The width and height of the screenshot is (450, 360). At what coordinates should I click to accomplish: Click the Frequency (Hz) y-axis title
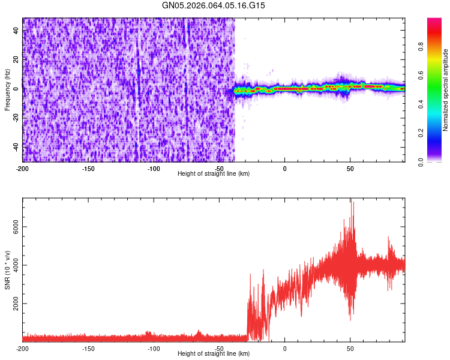click(7, 90)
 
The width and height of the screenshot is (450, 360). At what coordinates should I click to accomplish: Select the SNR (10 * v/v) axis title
click(7, 270)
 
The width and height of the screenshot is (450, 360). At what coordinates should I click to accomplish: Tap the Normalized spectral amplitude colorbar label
click(445, 90)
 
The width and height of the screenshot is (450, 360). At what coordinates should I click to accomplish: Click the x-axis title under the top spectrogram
click(214, 173)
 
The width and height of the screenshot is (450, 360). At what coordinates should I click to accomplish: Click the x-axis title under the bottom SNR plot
click(214, 353)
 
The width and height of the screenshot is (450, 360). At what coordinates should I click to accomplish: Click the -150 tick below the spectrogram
click(88, 167)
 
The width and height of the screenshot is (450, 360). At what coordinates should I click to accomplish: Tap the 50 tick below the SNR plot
click(350, 348)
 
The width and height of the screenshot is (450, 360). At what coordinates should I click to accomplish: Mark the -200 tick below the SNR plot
click(23, 348)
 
